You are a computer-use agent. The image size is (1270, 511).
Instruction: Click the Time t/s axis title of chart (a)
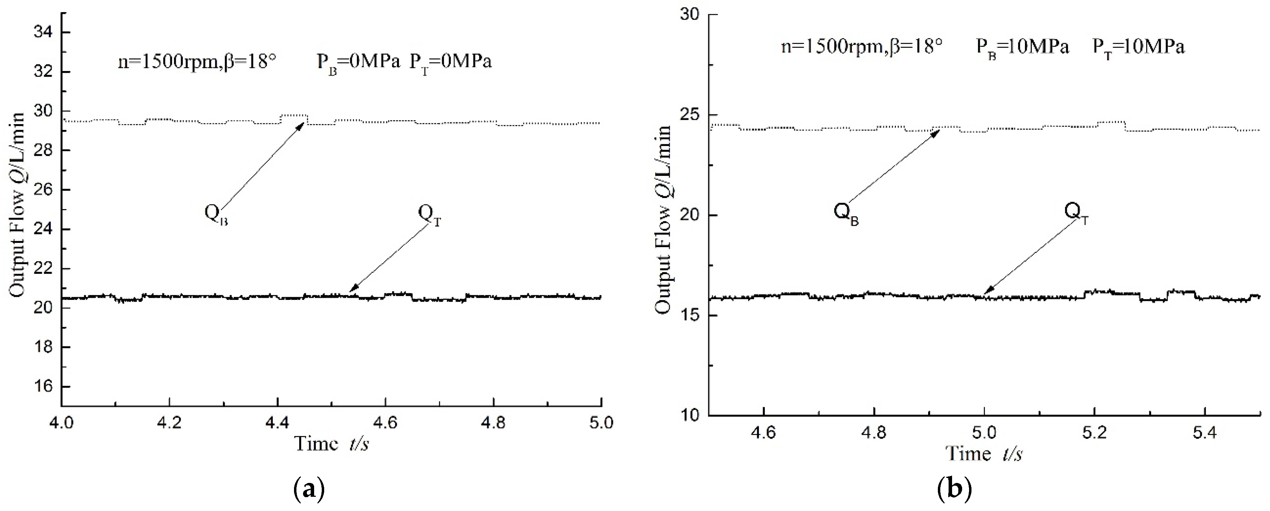331,444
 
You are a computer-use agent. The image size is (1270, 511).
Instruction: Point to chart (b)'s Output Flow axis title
664,219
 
